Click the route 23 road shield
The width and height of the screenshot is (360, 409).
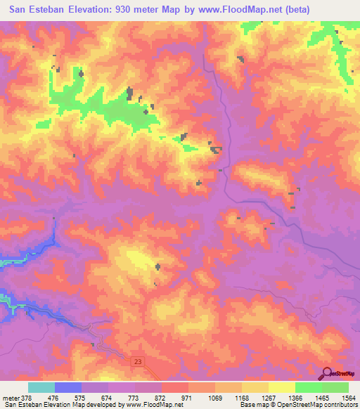coord(136,361)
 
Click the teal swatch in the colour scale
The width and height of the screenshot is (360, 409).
coord(41,387)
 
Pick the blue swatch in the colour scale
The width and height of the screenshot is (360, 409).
coord(68,387)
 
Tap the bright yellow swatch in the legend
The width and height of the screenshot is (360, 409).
coord(281,387)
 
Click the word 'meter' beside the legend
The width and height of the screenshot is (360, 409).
coord(8,397)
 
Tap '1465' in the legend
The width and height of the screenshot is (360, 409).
coord(321,397)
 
